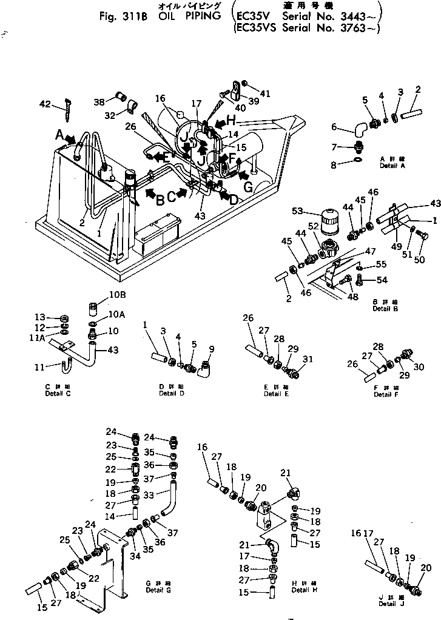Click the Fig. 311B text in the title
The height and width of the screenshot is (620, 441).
coord(125,16)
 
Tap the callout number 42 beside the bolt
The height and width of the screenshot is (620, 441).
coord(45,104)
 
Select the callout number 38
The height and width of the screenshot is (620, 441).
coord(99,101)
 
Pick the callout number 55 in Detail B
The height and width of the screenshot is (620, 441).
coord(382,265)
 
